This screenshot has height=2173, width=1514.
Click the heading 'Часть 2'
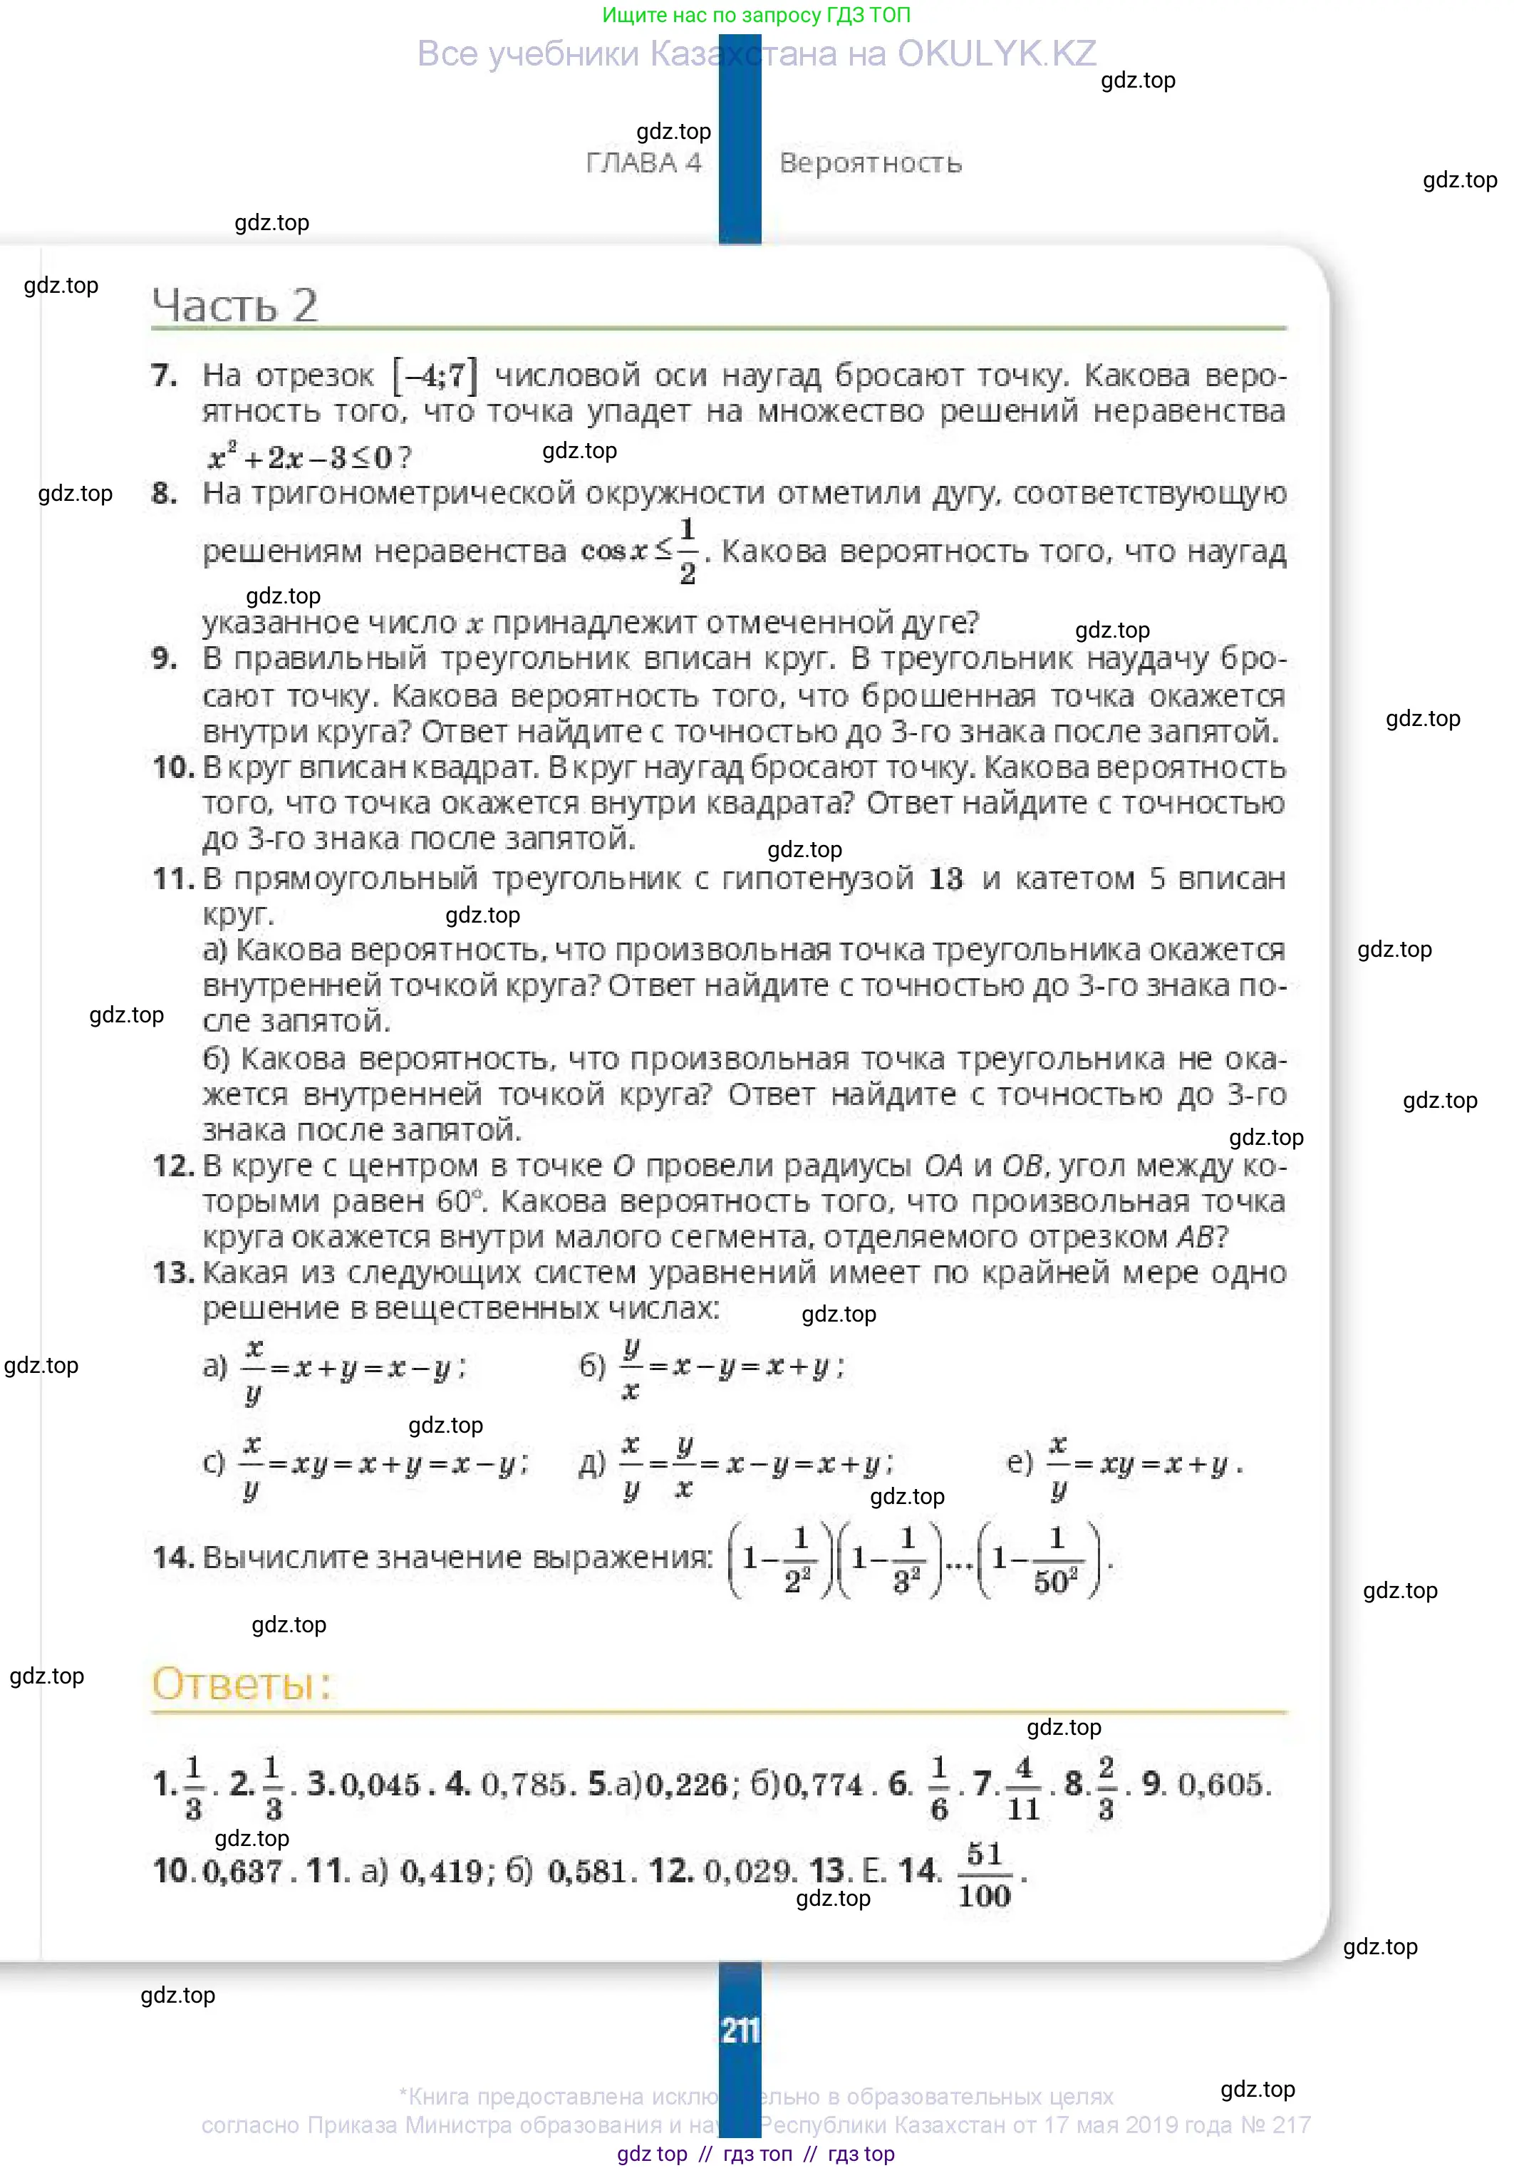(234, 305)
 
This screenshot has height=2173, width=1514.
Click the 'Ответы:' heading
(242, 1684)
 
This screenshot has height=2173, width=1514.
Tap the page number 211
(740, 2030)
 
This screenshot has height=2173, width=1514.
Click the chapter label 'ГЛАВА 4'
(643, 162)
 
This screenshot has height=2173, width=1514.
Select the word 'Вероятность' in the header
(871, 162)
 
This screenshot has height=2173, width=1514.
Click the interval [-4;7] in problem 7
(435, 375)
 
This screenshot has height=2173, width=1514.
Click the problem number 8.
(164, 493)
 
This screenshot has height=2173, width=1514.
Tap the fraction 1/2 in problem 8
(688, 551)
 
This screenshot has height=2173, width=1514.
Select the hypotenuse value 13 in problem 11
(945, 879)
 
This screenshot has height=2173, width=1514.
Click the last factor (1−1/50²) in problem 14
(1040, 1559)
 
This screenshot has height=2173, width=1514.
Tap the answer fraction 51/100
(984, 1875)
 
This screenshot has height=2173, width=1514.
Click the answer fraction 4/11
(1023, 1788)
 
